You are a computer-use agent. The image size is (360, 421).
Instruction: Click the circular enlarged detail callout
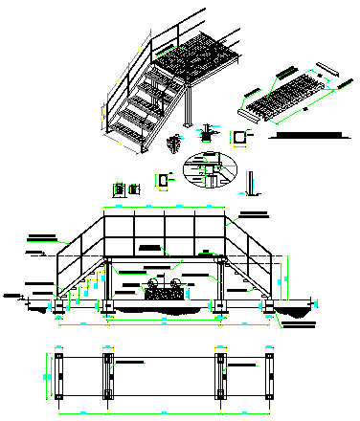pyautogui.click(x=206, y=171)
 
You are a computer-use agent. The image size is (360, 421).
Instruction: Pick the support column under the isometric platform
pyautogui.click(x=193, y=107)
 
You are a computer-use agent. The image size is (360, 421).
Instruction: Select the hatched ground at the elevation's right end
pyautogui.click(x=298, y=307)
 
